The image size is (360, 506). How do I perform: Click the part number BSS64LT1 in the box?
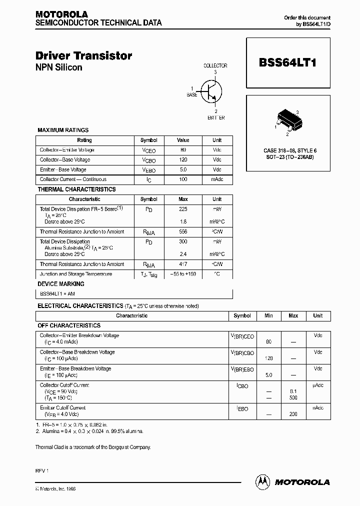tap(287, 63)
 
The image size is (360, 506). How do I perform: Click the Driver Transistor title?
tap(83, 56)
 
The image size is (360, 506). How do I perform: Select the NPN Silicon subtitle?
tap(58, 67)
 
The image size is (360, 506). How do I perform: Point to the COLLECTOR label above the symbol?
tap(215, 65)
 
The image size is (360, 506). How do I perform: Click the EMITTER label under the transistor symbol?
tap(215, 118)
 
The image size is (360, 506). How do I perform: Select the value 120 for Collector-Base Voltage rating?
tap(183, 160)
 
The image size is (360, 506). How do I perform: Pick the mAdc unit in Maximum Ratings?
tap(217, 179)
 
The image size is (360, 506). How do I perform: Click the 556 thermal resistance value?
tap(183, 232)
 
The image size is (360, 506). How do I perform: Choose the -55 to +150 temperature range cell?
tap(183, 274)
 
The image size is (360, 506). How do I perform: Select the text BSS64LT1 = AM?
tap(57, 294)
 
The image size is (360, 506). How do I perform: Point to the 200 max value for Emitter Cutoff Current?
tap(293, 414)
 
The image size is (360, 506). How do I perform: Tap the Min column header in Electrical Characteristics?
tap(269, 316)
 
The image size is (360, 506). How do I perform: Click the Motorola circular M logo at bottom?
tap(262, 481)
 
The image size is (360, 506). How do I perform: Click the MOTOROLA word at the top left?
tap(61, 14)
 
